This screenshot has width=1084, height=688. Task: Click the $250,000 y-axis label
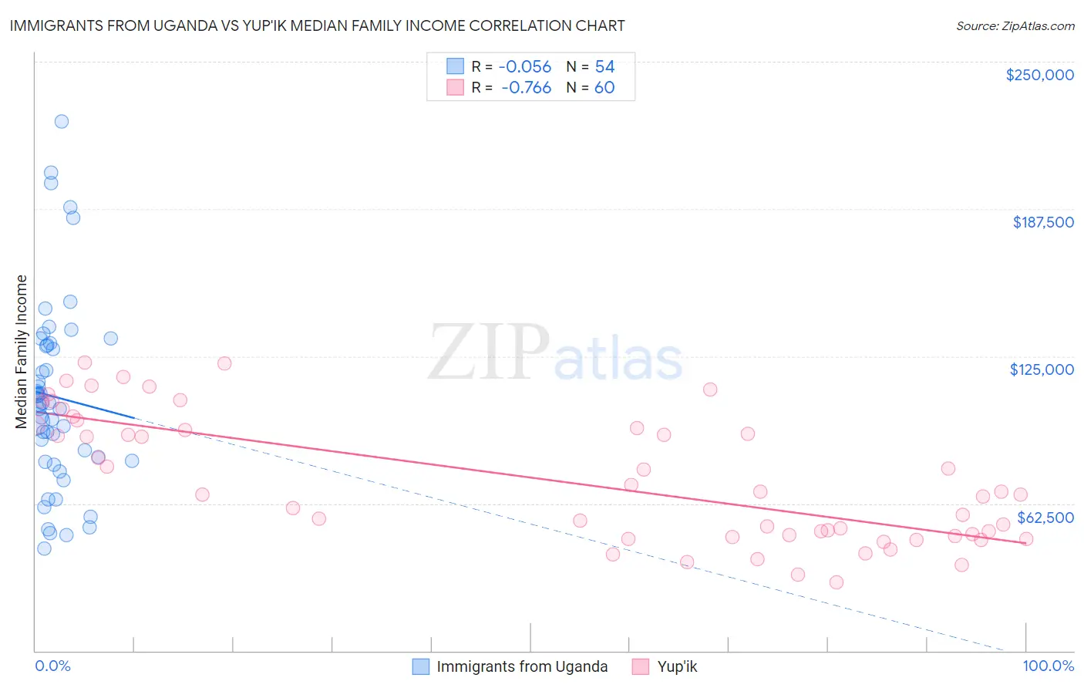pyautogui.click(x=1039, y=75)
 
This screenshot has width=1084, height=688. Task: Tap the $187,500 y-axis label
pyautogui.click(x=1042, y=222)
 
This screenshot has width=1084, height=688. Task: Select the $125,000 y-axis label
pyautogui.click(x=1042, y=369)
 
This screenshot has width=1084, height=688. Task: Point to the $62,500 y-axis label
pyautogui.click(x=1045, y=517)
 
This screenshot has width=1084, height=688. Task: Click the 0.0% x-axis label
pyautogui.click(x=52, y=666)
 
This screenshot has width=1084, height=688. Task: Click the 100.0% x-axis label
pyautogui.click(x=1048, y=666)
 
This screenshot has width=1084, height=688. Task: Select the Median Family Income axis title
pyautogui.click(x=22, y=352)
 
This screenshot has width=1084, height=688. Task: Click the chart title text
pyautogui.click(x=317, y=25)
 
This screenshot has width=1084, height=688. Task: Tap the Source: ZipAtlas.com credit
pyautogui.click(x=1015, y=26)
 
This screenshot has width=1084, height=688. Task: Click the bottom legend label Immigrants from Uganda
pyautogui.click(x=522, y=666)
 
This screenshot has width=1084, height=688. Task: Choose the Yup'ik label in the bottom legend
pyautogui.click(x=677, y=666)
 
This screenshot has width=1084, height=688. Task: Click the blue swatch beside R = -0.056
pyautogui.click(x=455, y=66)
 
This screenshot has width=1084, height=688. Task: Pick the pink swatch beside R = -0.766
pyautogui.click(x=455, y=87)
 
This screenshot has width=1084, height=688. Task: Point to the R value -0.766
pyautogui.click(x=526, y=88)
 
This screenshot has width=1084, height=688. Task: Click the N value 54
pyautogui.click(x=604, y=67)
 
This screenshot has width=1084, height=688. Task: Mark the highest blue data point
pyautogui.click(x=62, y=121)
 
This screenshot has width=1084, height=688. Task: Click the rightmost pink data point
pyautogui.click(x=1026, y=539)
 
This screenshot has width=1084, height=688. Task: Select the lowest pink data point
pyautogui.click(x=837, y=582)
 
